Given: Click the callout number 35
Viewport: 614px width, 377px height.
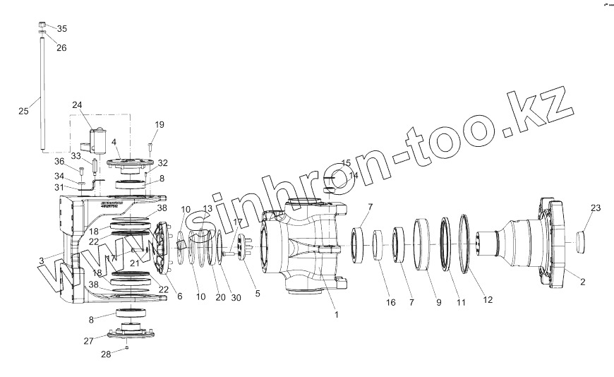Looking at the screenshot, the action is pyautogui.click(x=62, y=29).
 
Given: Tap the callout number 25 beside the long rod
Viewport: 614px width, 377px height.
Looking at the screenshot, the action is pyautogui.click(x=23, y=111).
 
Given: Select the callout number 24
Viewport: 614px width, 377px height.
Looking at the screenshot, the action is pyautogui.click(x=77, y=106).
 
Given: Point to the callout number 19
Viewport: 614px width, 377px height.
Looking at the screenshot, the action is pyautogui.click(x=159, y=125).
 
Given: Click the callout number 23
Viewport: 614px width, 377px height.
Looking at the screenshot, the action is pyautogui.click(x=596, y=208).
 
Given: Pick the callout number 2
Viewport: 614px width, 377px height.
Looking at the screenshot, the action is pyautogui.click(x=583, y=282).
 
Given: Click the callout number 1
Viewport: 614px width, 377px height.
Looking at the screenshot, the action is pyautogui.click(x=337, y=315).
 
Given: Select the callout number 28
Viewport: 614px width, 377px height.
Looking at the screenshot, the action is pyautogui.click(x=105, y=354).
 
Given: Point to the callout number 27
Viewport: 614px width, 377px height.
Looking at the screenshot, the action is pyautogui.click(x=89, y=341).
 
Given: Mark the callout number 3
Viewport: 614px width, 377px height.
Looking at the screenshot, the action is pyautogui.click(x=42, y=261).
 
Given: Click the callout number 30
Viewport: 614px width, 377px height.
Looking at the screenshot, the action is pyautogui.click(x=236, y=297).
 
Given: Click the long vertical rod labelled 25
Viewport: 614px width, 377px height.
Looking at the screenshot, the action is pyautogui.click(x=42, y=92).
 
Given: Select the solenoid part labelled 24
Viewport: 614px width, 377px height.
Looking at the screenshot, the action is pyautogui.click(x=97, y=140).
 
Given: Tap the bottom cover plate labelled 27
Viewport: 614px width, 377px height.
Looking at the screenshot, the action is pyautogui.click(x=127, y=333).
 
